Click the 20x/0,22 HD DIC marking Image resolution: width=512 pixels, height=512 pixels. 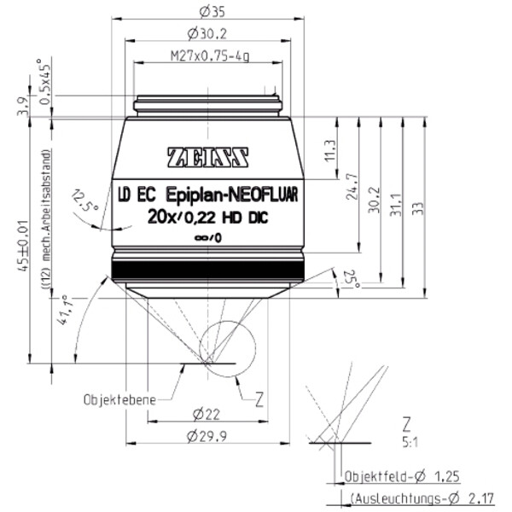click(207, 217)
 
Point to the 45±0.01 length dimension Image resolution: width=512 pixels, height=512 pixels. click(32, 243)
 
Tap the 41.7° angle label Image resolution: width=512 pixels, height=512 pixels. click(63, 311)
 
